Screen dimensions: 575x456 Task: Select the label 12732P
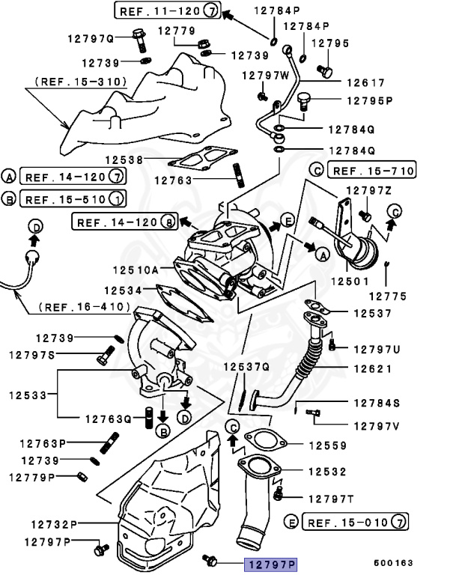(x=54, y=523)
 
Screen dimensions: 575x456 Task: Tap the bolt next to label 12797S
(x=104, y=358)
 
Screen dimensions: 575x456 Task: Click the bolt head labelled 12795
(x=324, y=70)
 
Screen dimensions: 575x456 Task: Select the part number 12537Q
(x=246, y=367)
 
